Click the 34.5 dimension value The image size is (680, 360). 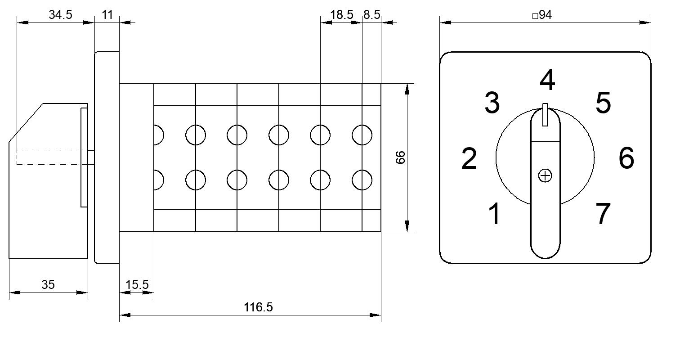tap(60, 14)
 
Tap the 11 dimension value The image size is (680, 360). tap(107, 14)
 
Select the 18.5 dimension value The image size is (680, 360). tap(341, 14)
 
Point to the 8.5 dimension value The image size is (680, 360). tap(371, 14)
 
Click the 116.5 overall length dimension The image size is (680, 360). tap(258, 307)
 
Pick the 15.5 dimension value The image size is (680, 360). tap(137, 285)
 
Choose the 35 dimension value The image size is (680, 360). tap(48, 285)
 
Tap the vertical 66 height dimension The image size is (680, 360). tap(400, 157)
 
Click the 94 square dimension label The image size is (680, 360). tap(542, 14)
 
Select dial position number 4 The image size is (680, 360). tap(547, 80)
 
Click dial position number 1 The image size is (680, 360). tap(495, 214)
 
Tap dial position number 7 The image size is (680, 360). tap(603, 214)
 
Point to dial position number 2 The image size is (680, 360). tap(469, 158)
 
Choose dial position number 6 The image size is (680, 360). tap(626, 157)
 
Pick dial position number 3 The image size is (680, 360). tap(492, 103)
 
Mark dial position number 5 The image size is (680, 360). tap(603, 103)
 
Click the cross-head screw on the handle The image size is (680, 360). tap(545, 175)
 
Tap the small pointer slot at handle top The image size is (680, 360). tap(545, 115)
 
